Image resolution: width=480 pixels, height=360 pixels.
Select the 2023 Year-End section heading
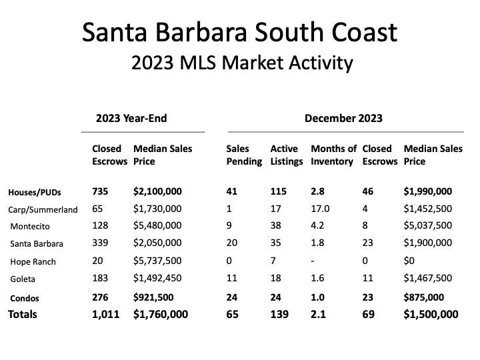click(x=132, y=119)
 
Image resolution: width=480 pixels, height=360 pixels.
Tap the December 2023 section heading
click(x=343, y=119)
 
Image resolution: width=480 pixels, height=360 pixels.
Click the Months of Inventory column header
click(x=333, y=155)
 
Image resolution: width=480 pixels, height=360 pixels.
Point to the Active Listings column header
click(x=286, y=155)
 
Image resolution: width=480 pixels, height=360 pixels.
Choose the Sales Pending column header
click(x=244, y=155)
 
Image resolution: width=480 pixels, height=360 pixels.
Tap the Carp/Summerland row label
click(x=43, y=209)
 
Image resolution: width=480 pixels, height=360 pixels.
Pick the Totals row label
click(x=23, y=314)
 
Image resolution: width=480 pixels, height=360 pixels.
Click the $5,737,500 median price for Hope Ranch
click(x=157, y=261)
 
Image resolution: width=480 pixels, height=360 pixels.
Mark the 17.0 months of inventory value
click(x=321, y=209)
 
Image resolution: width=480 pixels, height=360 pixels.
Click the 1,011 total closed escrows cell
click(x=105, y=314)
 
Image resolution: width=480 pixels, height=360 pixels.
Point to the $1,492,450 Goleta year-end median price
click(x=157, y=278)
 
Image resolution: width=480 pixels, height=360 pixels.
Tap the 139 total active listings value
click(x=279, y=314)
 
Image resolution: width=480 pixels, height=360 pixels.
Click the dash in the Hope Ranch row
click(x=313, y=261)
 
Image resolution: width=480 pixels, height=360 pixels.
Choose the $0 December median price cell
click(x=411, y=261)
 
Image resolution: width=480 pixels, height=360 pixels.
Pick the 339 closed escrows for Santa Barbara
click(x=101, y=243)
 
